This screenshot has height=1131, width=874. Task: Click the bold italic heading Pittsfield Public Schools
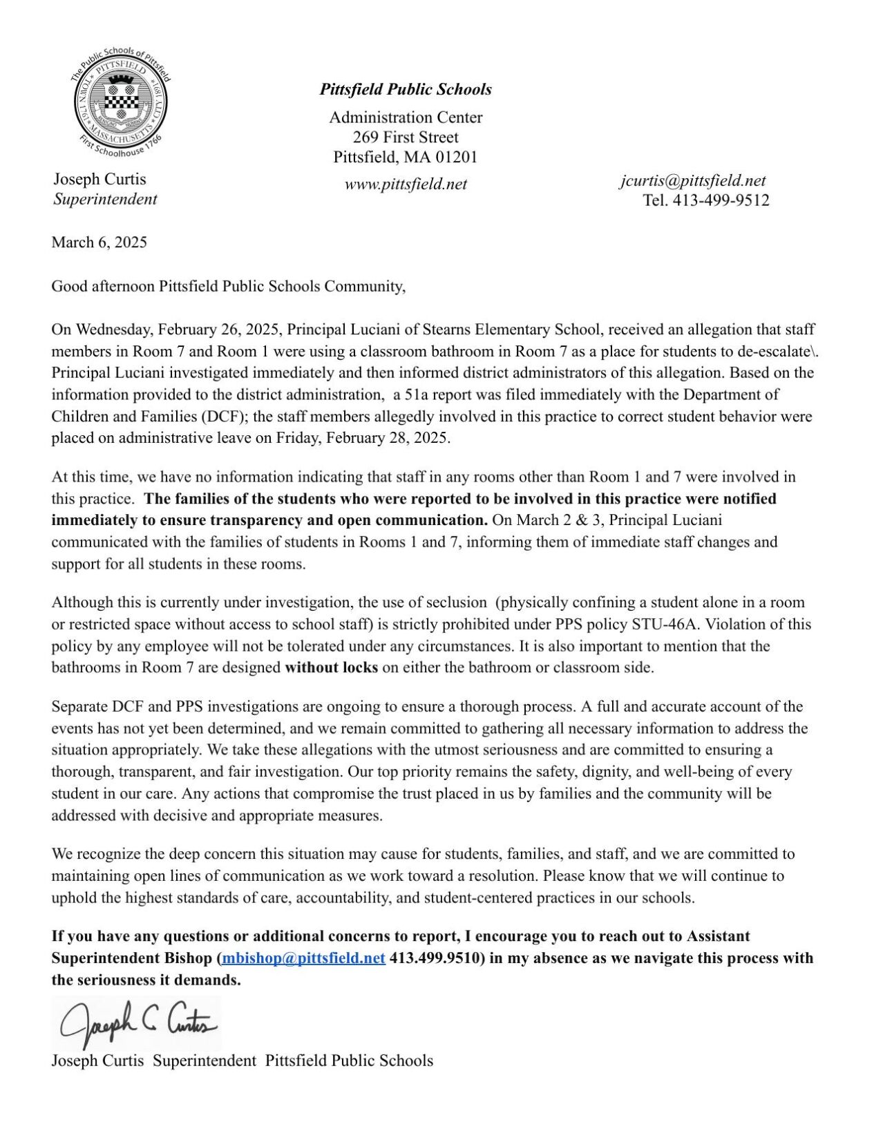(x=406, y=89)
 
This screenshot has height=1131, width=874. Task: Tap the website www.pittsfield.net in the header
(x=406, y=184)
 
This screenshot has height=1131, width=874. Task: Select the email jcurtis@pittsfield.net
(x=692, y=180)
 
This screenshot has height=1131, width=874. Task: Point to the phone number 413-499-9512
(x=721, y=200)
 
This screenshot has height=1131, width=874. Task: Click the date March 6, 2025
(x=99, y=242)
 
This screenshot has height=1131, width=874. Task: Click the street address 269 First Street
(x=406, y=137)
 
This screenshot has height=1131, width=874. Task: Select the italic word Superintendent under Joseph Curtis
(x=105, y=199)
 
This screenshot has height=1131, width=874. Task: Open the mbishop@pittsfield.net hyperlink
(x=303, y=958)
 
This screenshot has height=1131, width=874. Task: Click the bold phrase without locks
(x=331, y=667)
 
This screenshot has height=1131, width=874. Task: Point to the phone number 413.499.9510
(x=433, y=958)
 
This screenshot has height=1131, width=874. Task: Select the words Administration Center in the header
(x=406, y=117)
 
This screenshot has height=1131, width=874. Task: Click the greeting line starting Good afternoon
(x=228, y=286)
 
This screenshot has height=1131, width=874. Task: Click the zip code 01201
(x=457, y=157)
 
